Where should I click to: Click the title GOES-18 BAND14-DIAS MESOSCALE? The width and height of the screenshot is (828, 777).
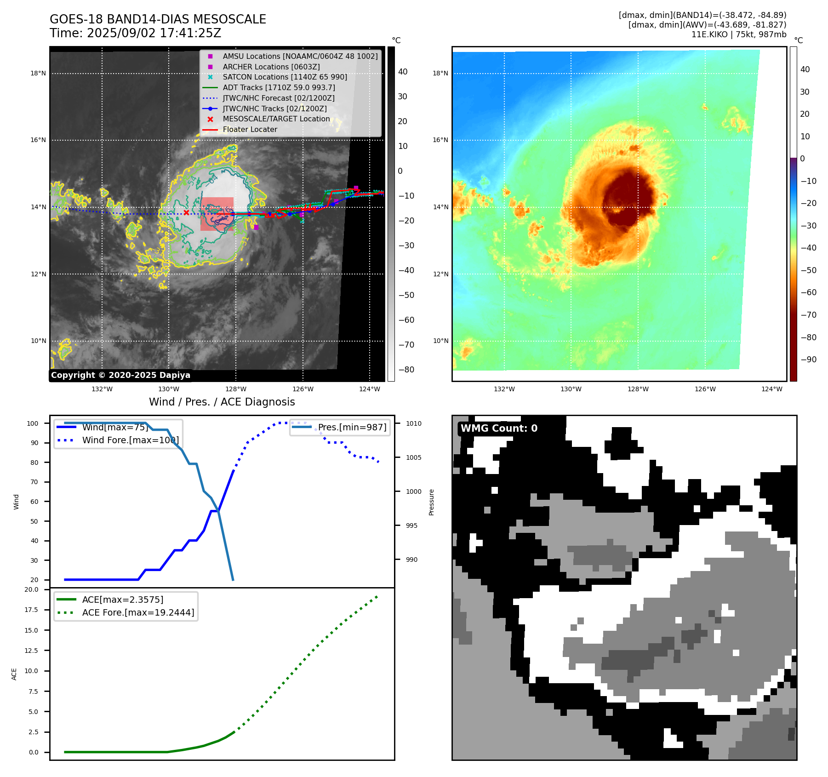coord(158,19)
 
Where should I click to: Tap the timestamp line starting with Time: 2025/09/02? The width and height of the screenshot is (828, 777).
coord(135,33)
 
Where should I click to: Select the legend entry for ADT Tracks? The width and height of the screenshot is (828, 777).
coord(279,87)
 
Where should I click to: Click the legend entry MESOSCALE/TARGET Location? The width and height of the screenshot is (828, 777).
coord(276,119)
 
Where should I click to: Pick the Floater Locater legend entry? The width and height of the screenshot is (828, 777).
coord(250,129)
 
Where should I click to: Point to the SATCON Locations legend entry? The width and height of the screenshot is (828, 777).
coord(285,77)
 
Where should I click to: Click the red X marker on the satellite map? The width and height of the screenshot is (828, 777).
coord(186,212)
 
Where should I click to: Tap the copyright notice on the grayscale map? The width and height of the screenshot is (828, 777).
coord(120,375)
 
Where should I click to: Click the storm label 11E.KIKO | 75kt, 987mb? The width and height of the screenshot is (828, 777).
coord(738,34)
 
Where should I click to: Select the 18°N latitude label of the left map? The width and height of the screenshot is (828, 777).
coord(38,73)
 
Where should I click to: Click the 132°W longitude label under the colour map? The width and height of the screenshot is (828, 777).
coord(504,389)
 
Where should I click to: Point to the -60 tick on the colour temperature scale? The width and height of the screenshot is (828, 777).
coord(808,292)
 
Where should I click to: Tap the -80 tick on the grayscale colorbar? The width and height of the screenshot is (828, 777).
coord(406,370)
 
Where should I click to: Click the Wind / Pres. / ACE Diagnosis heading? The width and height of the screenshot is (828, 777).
coord(222,402)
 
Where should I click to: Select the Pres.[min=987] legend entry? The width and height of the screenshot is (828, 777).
coord(352,427)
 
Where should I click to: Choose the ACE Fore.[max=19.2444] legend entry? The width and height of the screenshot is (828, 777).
coord(138,612)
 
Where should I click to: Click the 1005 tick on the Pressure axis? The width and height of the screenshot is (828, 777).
coord(413,457)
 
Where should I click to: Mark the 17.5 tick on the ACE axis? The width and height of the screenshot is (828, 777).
coord(31,610)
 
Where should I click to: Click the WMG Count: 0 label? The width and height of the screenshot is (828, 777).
coord(499,428)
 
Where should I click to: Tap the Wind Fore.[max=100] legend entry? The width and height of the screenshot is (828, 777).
coord(130,440)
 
